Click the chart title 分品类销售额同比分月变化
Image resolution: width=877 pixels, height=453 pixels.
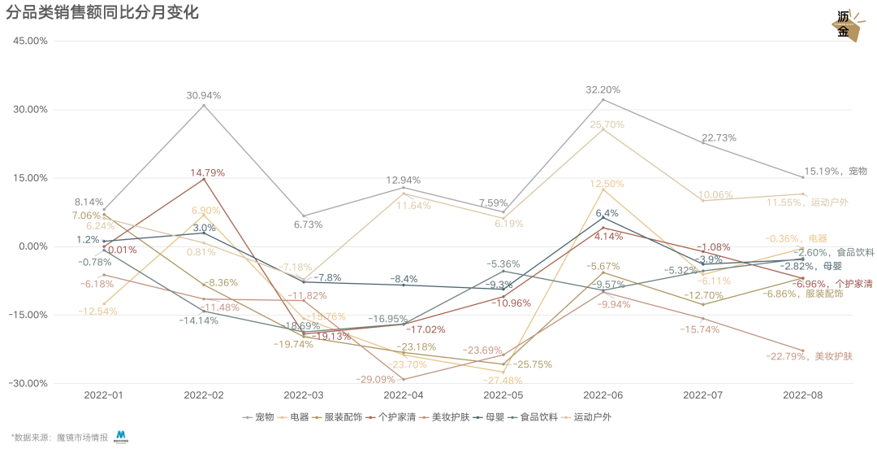[x=102, y=13]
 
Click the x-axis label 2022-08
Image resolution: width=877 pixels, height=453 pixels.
[x=802, y=395]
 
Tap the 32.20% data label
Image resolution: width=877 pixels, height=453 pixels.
[x=603, y=90]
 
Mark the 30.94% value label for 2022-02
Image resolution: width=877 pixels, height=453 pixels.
[x=204, y=96]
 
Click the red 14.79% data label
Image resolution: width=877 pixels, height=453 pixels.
[x=208, y=173]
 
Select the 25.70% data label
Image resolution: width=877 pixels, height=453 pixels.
[x=607, y=125]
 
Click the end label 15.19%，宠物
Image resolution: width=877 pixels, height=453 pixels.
[x=836, y=172]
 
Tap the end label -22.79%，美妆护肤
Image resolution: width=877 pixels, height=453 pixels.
[x=821, y=356]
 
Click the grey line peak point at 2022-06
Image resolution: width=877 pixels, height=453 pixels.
[x=603, y=100]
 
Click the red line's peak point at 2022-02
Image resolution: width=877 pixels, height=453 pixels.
[x=204, y=179]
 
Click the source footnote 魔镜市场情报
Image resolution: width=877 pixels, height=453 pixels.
[x=81, y=438]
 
